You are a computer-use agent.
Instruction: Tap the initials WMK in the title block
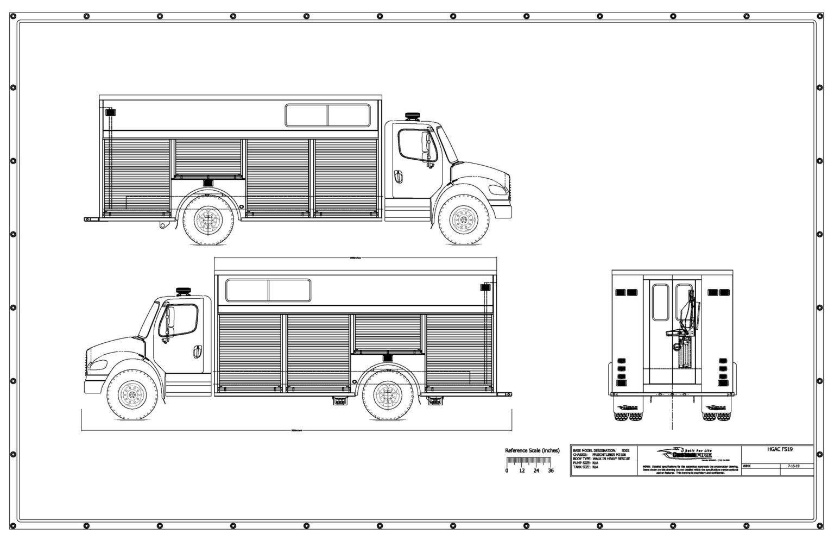click(747, 466)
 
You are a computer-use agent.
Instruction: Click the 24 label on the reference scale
click(536, 470)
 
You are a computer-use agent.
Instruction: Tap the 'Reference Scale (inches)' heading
click(532, 450)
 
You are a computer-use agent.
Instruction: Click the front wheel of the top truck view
click(463, 220)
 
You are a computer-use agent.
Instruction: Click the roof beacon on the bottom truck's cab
click(182, 292)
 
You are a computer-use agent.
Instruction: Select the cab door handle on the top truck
click(399, 177)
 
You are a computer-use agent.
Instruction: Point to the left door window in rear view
click(660, 302)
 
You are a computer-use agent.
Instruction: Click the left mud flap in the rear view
click(628, 408)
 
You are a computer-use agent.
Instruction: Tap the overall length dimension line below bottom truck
click(296, 431)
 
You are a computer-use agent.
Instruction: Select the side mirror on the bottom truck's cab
click(168, 320)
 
